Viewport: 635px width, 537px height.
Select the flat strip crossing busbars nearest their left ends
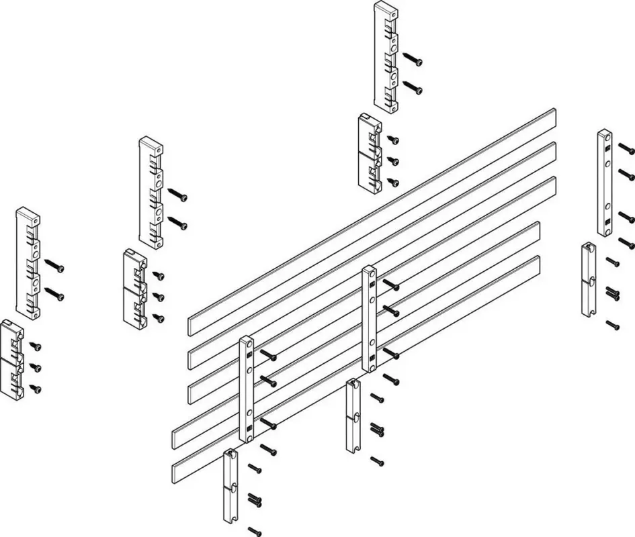pos(246,389)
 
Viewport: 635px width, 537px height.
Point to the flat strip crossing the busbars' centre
pos(370,318)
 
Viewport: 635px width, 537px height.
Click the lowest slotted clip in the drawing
pos(230,485)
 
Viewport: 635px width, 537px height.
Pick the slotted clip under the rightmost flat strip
pos(589,279)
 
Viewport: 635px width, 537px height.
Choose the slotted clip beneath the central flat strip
pos(353,416)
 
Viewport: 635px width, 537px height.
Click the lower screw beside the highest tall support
pos(414,87)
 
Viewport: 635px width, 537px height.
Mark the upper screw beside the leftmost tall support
pos(55,268)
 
